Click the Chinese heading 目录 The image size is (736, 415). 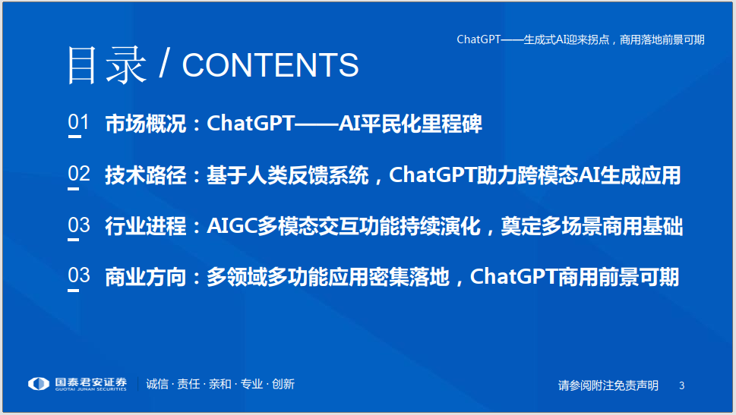(106, 64)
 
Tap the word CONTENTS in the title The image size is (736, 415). (270, 64)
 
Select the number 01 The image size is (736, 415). (78, 122)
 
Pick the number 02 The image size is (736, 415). (78, 174)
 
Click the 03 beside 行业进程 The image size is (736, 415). (78, 225)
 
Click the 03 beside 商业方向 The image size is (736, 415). (78, 275)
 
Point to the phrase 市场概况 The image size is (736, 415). (146, 124)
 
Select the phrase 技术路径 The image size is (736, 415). (146, 175)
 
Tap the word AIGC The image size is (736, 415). (232, 226)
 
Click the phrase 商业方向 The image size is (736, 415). (146, 277)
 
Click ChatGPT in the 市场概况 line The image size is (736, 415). (251, 124)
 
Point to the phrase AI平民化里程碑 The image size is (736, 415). (410, 124)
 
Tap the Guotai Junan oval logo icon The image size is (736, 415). (39, 384)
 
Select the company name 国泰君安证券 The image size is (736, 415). (91, 382)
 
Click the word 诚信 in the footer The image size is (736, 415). (157, 384)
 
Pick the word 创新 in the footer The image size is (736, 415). (283, 384)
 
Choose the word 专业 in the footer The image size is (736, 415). (251, 384)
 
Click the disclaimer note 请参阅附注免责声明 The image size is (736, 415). (608, 385)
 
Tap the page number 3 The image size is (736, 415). (681, 385)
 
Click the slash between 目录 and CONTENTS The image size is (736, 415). (164, 64)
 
